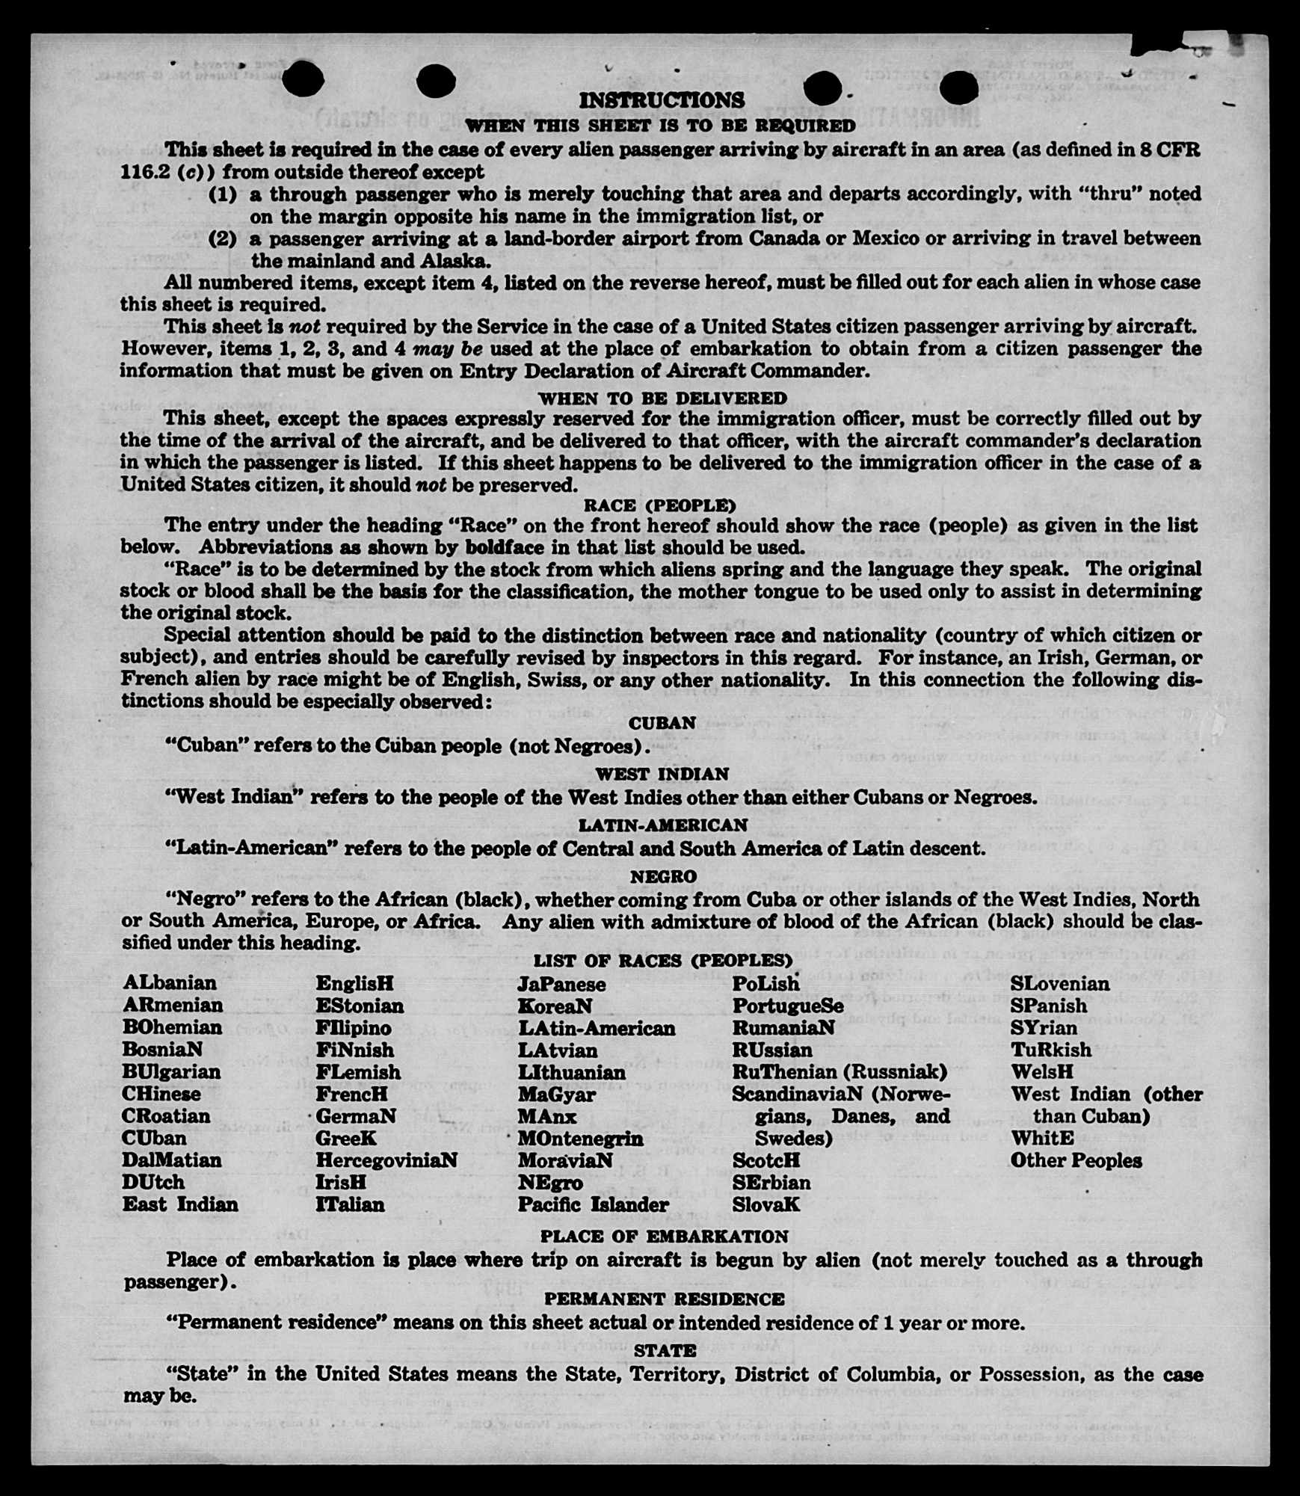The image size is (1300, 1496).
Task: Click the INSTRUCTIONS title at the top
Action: pos(662,99)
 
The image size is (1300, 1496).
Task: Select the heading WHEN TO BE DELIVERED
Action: pos(662,398)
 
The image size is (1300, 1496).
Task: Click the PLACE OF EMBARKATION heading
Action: pos(664,1237)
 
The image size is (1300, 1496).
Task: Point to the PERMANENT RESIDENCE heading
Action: pos(664,1299)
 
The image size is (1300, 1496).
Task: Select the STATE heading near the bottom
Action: pos(665,1350)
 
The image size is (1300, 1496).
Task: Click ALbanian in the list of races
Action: pos(170,982)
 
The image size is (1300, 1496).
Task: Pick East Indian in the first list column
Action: pos(180,1204)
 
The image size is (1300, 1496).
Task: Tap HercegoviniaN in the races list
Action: pos(386,1160)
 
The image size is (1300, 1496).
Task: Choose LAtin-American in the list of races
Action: pos(597,1028)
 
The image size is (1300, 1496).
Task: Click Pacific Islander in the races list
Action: pos(593,1204)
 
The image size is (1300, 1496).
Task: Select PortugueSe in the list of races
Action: pos(787,1006)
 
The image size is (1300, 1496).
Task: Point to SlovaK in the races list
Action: pos(765,1204)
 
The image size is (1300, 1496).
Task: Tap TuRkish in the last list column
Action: pos(1050,1050)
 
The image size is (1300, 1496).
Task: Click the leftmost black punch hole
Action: pos(303,80)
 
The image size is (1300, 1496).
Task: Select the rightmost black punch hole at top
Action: pos(959,89)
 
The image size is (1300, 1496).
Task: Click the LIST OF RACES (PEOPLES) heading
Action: pos(662,961)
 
